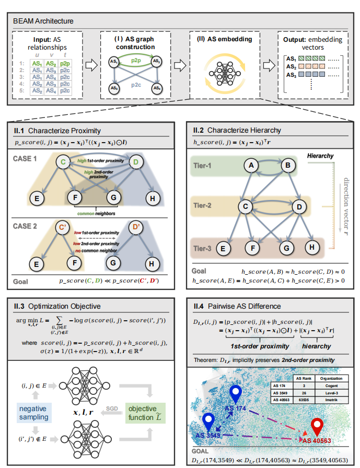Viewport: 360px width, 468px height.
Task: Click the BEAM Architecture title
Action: pyautogui.click(x=44, y=21)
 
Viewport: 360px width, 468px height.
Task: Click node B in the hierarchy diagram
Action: pyautogui.click(x=286, y=166)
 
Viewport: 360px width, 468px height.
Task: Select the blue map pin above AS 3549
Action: pyautogui.click(x=208, y=420)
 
